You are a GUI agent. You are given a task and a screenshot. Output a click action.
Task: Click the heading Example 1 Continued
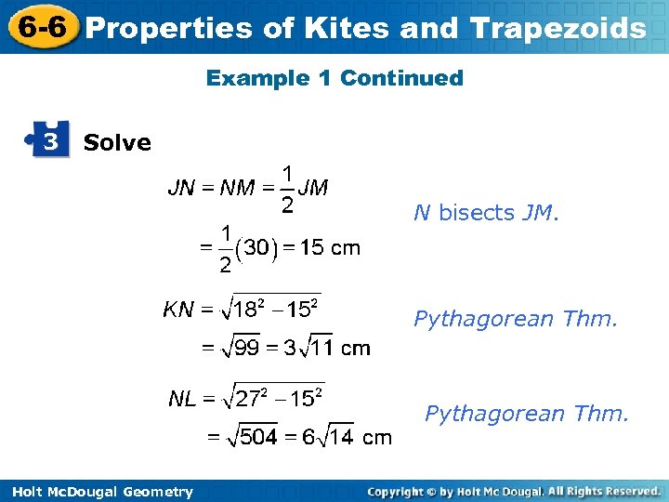pos(334,78)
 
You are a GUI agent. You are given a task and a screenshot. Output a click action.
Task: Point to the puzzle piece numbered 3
pos(50,140)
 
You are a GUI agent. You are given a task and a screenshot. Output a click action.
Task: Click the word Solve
pos(117,143)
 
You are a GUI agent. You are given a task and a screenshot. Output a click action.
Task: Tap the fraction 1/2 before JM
pos(288,188)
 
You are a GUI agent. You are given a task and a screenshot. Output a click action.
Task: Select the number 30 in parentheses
pos(259,248)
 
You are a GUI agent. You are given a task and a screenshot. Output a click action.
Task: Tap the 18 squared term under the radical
pos(250,309)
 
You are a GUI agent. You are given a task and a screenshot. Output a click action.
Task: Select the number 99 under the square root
pos(246,350)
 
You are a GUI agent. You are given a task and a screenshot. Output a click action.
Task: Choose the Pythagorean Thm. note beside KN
pos(516,320)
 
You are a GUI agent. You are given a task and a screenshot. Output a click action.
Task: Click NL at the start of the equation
pos(182,400)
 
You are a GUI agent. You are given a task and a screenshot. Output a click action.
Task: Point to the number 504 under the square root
pos(258,437)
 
